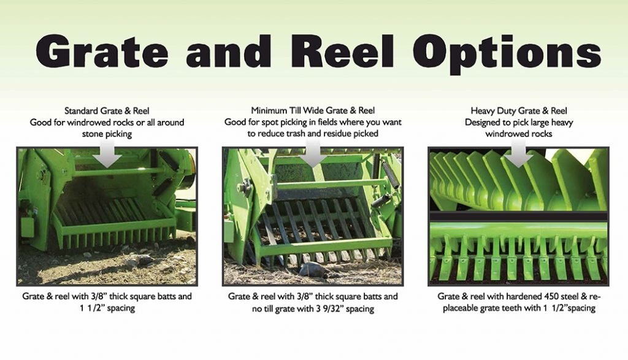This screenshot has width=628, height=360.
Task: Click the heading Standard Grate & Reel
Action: tap(107, 111)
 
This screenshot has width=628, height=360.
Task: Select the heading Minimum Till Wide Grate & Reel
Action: tap(313, 111)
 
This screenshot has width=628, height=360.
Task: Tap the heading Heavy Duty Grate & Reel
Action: tap(518, 111)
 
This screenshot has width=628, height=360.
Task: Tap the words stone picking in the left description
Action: tap(107, 133)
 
